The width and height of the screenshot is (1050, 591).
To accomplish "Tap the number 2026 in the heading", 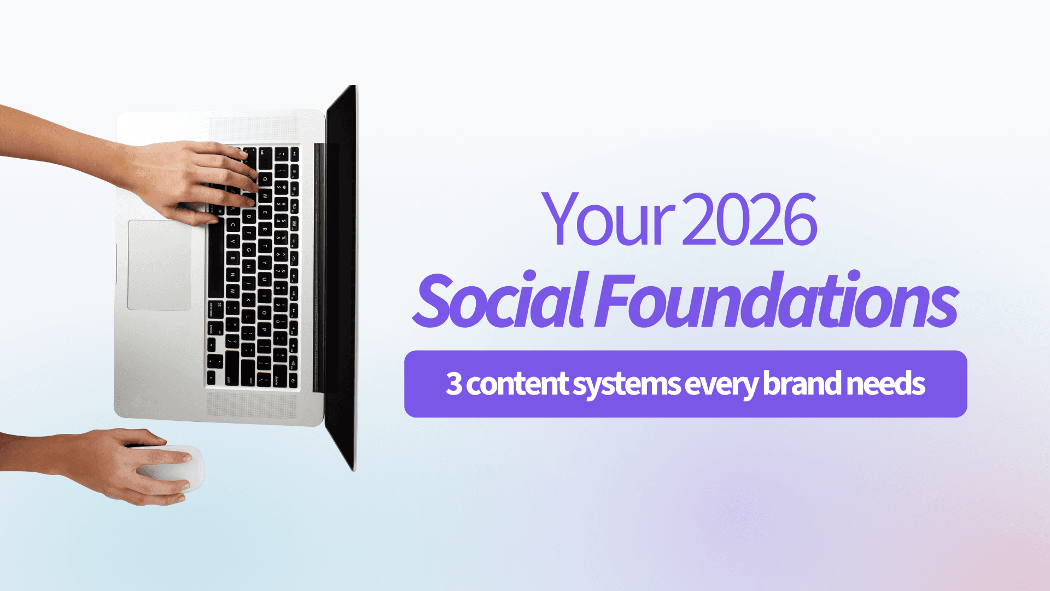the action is point(750,219).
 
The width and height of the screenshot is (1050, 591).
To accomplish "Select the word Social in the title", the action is point(501,299).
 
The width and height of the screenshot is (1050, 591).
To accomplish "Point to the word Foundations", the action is point(777,299).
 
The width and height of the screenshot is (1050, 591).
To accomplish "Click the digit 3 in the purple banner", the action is point(454,384).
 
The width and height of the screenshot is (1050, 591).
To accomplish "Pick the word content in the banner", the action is point(517,384).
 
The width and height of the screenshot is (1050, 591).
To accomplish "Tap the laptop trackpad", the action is point(160,265).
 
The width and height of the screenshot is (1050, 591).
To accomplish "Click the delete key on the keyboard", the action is point(278,379).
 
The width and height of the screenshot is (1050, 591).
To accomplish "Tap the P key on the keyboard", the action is point(264,329).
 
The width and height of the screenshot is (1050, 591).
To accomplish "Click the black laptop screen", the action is point(341,276).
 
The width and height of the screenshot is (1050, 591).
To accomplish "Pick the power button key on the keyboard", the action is point(294,380).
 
